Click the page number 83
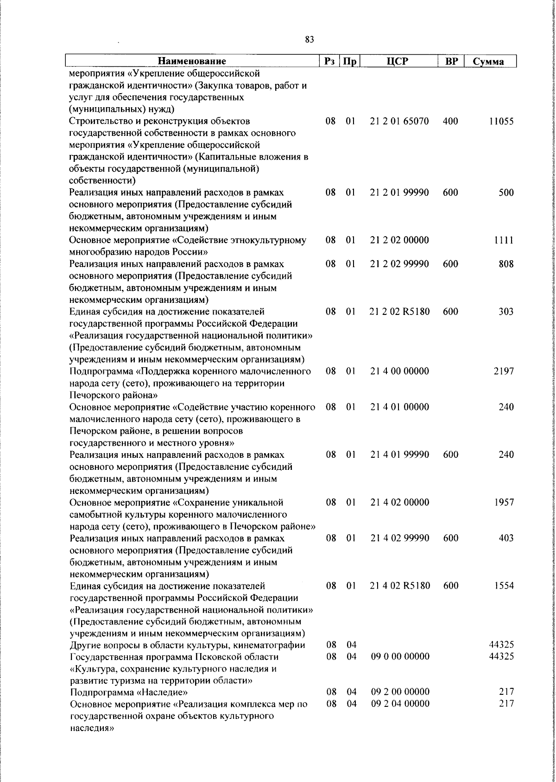310,40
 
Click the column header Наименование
192,61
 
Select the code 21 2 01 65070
399,122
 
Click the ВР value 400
450,122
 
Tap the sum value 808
505,264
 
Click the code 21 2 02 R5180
400,312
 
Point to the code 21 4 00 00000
399,371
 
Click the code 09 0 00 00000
400,657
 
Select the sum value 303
505,312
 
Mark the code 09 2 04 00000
400,704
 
